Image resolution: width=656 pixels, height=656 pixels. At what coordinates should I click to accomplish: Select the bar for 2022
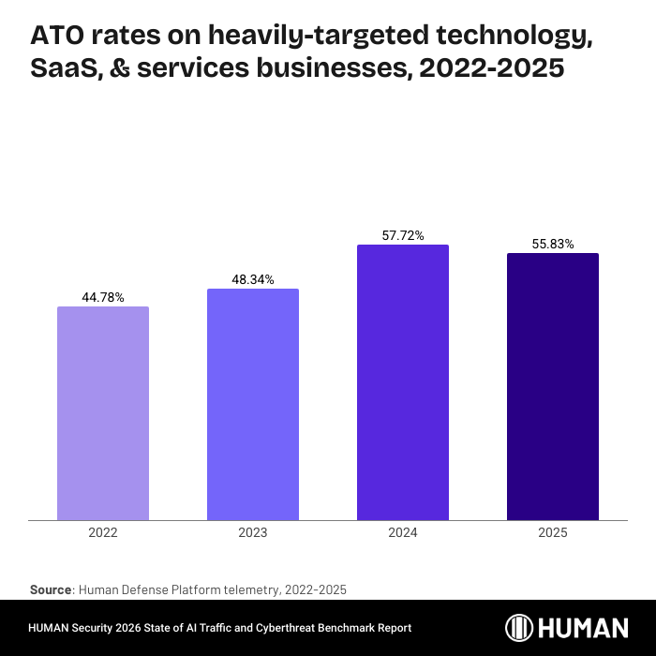click(103, 413)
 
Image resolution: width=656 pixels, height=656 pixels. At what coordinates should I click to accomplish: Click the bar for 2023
click(253, 404)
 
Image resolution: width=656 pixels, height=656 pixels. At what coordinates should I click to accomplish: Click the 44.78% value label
click(103, 297)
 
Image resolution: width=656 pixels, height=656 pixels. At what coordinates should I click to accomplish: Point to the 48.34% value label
click(253, 279)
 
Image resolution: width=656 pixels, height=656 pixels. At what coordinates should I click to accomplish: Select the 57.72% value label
click(403, 236)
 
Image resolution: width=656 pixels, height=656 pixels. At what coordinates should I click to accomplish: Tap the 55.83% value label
click(553, 244)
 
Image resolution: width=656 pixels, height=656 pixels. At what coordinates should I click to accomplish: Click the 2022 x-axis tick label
click(103, 532)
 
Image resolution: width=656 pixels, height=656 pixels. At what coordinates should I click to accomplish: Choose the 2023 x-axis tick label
click(253, 532)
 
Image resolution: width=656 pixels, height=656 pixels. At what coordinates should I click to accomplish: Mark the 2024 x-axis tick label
click(403, 532)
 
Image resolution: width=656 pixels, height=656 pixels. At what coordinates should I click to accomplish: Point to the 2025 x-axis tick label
click(553, 532)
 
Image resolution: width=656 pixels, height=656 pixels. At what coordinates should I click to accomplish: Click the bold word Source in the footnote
click(51, 589)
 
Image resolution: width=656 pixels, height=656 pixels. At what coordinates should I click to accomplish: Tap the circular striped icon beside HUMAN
click(520, 628)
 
